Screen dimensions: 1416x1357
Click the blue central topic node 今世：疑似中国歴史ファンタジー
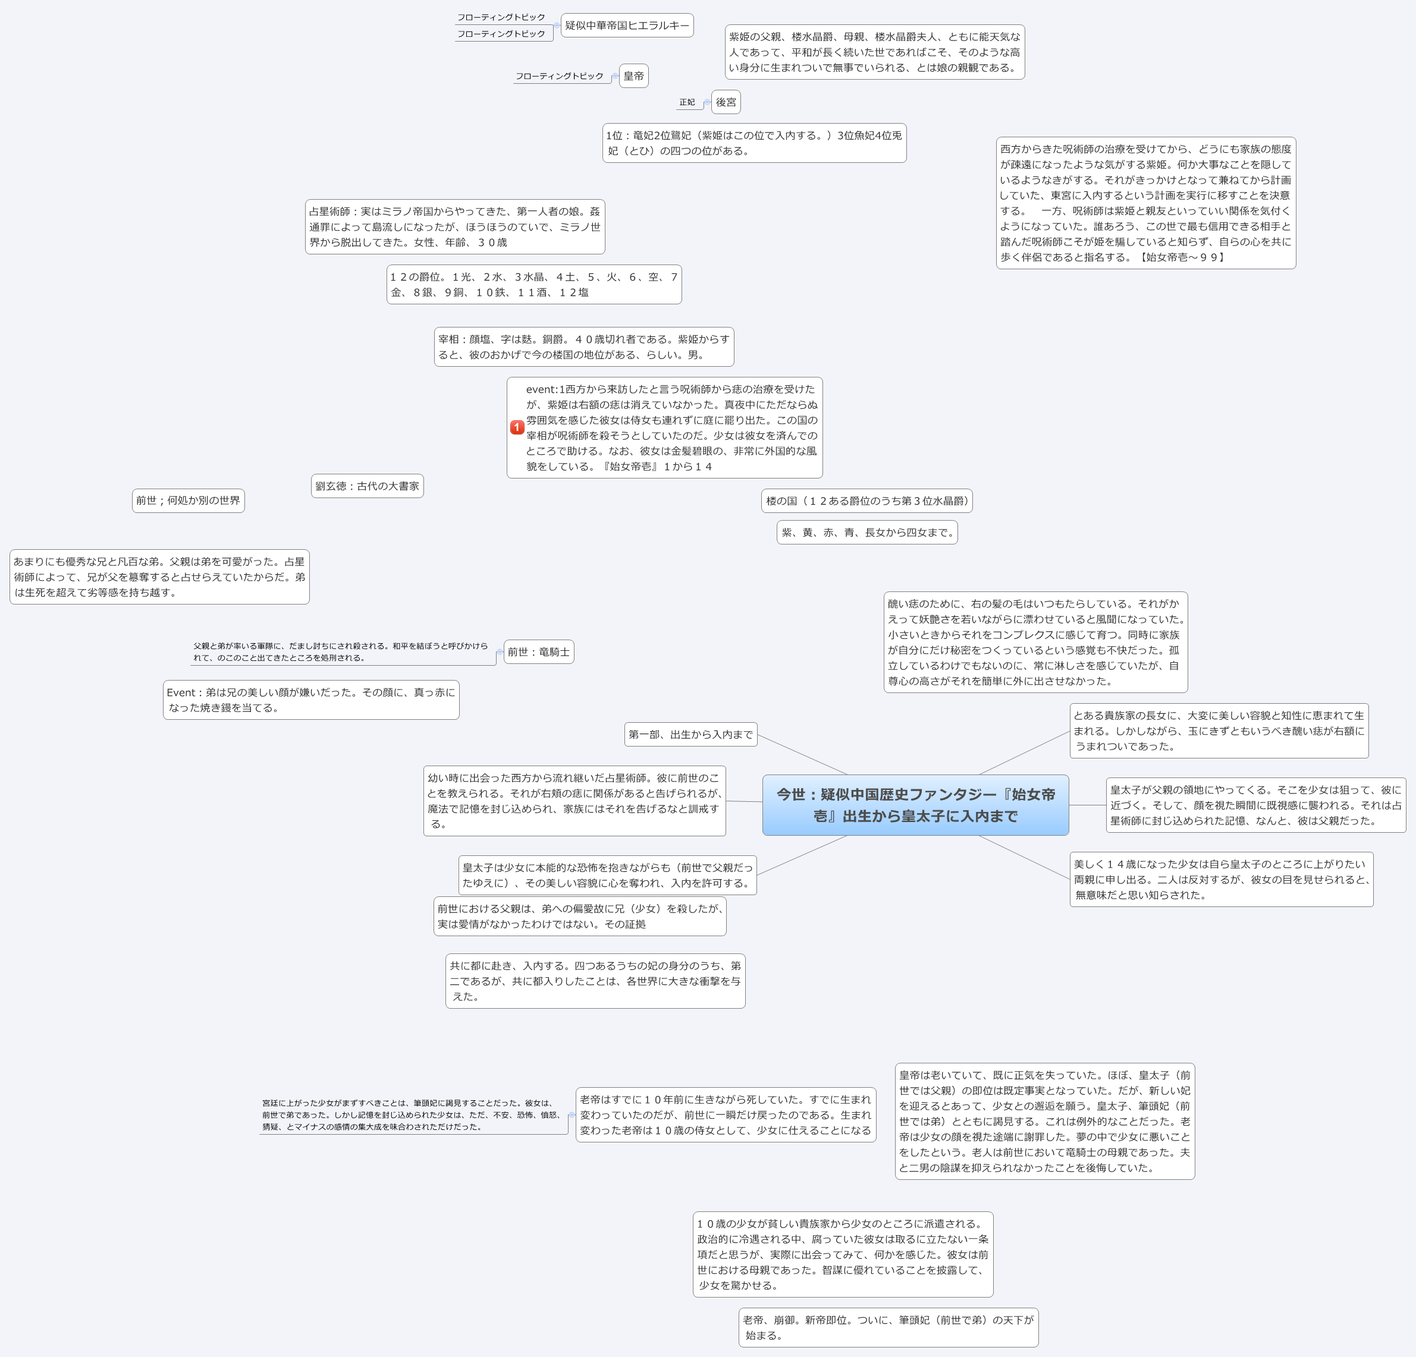coord(915,805)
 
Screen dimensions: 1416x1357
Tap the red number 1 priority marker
coord(517,427)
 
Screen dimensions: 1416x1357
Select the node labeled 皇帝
coord(633,76)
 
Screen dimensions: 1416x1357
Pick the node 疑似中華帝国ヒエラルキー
coord(627,26)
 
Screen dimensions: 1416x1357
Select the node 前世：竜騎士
coord(538,651)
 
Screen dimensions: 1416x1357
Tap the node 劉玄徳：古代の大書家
coord(367,486)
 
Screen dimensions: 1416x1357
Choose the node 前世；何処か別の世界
coord(188,500)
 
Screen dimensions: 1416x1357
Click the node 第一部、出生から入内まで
coord(690,735)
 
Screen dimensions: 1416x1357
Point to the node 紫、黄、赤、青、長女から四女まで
coord(867,532)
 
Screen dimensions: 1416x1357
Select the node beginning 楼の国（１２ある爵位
coord(866,500)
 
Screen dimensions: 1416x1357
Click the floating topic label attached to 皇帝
coord(559,77)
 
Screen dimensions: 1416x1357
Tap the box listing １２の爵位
coord(534,285)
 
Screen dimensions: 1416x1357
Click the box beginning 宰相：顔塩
coord(584,347)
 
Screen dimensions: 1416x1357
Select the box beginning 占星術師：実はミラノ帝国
coord(454,227)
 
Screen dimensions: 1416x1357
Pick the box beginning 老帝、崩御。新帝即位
coord(888,1327)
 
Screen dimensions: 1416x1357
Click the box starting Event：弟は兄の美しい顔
coord(310,700)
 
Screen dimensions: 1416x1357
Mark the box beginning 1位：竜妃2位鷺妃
coord(754,143)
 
